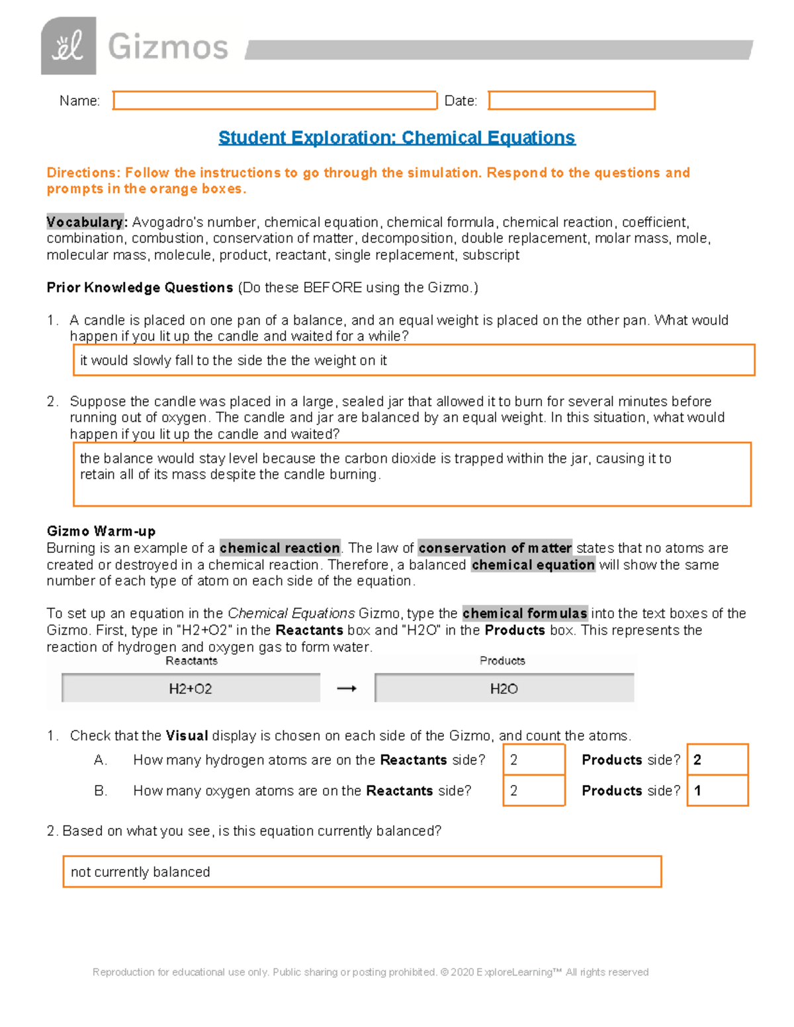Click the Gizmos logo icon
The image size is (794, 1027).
[x=68, y=46]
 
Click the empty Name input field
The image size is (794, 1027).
[x=275, y=101]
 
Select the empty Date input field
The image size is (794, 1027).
[x=571, y=101]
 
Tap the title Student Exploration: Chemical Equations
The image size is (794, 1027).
[x=396, y=138]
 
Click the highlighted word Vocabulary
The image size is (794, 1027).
[x=85, y=222]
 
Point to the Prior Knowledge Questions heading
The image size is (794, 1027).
[x=140, y=288]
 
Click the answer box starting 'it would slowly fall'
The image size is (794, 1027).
[x=414, y=360]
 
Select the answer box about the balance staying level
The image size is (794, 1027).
[x=412, y=473]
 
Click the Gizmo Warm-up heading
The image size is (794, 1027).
[x=101, y=531]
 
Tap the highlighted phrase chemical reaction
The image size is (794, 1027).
[x=280, y=548]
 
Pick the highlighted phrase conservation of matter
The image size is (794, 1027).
[x=495, y=548]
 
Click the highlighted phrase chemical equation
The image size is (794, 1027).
[x=533, y=565]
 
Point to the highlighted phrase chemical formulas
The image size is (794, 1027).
[x=525, y=614]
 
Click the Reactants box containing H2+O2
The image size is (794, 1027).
[x=191, y=688]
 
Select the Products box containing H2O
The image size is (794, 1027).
[x=504, y=688]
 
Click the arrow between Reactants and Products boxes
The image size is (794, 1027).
[x=347, y=688]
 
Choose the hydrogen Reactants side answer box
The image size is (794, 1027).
[x=533, y=760]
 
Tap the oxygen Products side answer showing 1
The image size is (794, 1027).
[x=717, y=791]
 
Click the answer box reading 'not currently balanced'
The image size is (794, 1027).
[x=362, y=872]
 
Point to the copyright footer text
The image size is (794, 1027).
[x=371, y=972]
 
